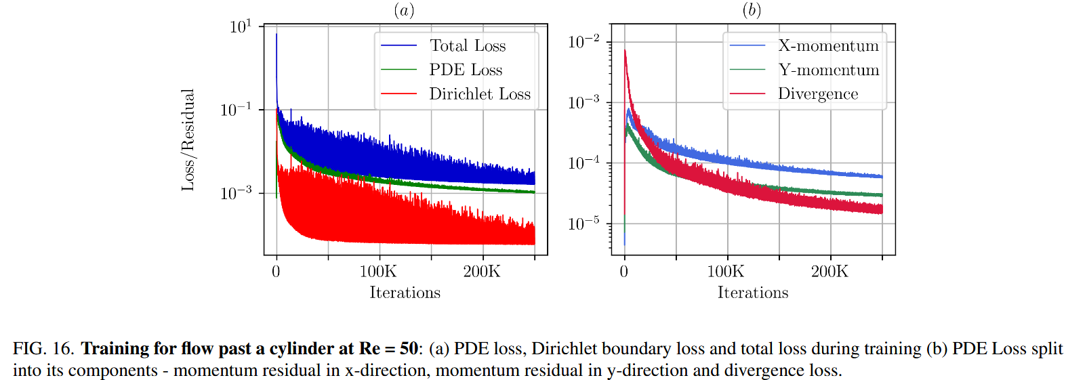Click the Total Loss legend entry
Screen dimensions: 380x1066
(468, 46)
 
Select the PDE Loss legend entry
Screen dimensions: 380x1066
(466, 70)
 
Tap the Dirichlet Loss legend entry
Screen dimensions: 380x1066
(480, 94)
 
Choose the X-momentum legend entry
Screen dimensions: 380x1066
(828, 46)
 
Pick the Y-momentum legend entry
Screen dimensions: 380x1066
(828, 70)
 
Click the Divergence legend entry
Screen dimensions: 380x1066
(818, 94)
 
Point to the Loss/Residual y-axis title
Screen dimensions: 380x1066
(188, 140)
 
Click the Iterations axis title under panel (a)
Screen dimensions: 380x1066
(405, 293)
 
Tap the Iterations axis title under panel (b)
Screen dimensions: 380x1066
(753, 293)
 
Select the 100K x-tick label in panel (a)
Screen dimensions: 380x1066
(378, 272)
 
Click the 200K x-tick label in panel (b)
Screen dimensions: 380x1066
(829, 272)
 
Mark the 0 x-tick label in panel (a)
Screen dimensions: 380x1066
(276, 272)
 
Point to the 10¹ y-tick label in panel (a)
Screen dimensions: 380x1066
(241, 27)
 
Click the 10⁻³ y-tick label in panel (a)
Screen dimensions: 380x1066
(236, 193)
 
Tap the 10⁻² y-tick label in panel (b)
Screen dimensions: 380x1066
(583, 42)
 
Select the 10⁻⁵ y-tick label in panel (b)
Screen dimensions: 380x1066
(583, 224)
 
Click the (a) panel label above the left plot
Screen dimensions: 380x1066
(404, 10)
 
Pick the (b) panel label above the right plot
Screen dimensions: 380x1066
(752, 10)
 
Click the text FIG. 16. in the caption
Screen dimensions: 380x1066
(43, 349)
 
